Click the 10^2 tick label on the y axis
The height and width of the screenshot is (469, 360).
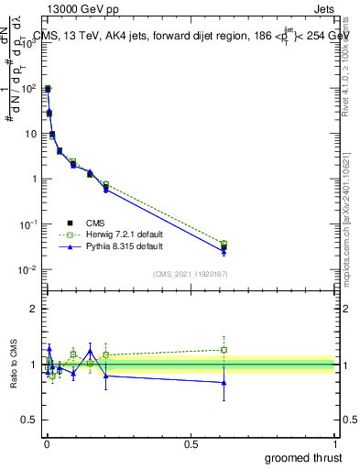tap(29, 89)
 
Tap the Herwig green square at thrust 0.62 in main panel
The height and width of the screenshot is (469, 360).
tap(224, 244)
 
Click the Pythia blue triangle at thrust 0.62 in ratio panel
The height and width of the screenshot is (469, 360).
tap(224, 383)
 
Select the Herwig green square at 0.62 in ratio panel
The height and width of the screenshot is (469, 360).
tap(224, 349)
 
